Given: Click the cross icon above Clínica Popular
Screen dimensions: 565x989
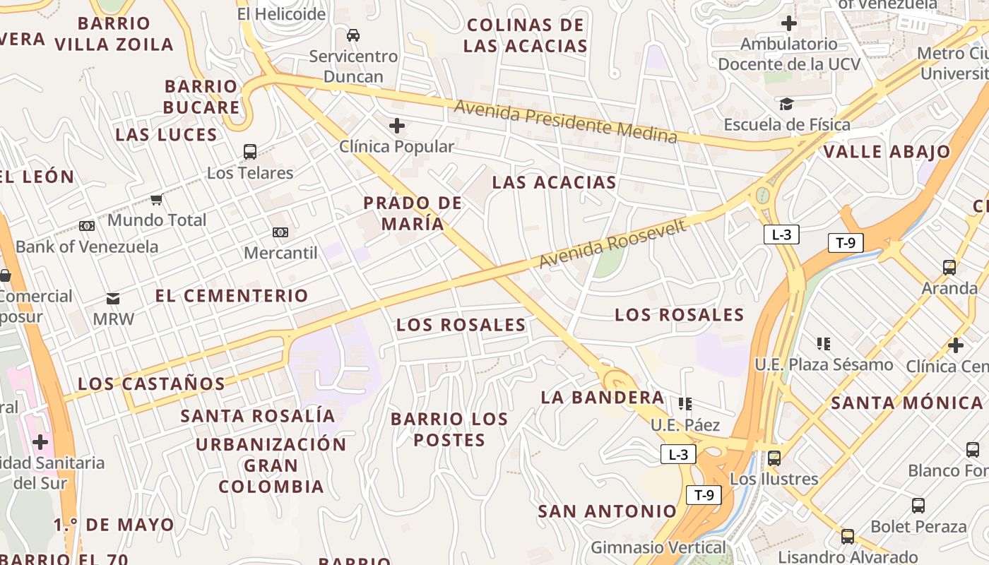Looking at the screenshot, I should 397,126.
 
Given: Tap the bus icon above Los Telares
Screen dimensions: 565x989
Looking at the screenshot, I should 249,151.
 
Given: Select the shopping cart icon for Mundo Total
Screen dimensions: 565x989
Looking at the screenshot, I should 157,199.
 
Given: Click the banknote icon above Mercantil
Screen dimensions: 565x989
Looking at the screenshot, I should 280,232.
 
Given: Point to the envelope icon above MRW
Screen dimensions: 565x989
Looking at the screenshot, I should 113,299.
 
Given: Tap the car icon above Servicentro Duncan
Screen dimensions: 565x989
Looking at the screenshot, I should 353,35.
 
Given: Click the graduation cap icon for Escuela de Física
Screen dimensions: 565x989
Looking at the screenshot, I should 786,105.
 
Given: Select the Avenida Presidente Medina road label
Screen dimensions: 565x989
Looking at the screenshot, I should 565,121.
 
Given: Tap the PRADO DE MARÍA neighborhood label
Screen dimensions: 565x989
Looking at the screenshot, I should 413,213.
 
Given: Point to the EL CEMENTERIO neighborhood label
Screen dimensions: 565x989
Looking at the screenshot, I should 232,295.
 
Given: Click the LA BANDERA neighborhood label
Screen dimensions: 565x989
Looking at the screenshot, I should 603,398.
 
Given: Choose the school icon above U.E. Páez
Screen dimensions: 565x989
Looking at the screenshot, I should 685,404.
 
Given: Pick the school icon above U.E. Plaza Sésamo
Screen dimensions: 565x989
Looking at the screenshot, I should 823,344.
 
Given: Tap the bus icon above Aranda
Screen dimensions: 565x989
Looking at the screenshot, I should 949,268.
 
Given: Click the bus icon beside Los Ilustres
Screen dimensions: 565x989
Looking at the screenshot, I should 774,458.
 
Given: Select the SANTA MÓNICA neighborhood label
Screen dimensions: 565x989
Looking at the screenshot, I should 906,403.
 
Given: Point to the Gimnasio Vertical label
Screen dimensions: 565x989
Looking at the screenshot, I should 658,547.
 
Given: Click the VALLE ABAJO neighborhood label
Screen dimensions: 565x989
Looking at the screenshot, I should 887,152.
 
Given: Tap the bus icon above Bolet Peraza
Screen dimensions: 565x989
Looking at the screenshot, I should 918,506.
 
